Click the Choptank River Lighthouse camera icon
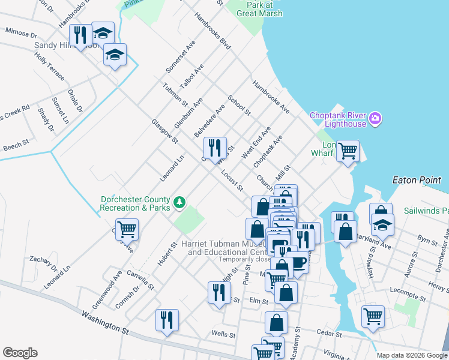click(x=376, y=116)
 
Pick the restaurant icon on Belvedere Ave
click(x=215, y=148)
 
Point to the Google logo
click(x=20, y=353)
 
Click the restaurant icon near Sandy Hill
click(x=79, y=35)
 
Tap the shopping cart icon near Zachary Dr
click(x=127, y=229)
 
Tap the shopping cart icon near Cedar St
click(x=373, y=316)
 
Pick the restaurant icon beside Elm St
click(x=218, y=292)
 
